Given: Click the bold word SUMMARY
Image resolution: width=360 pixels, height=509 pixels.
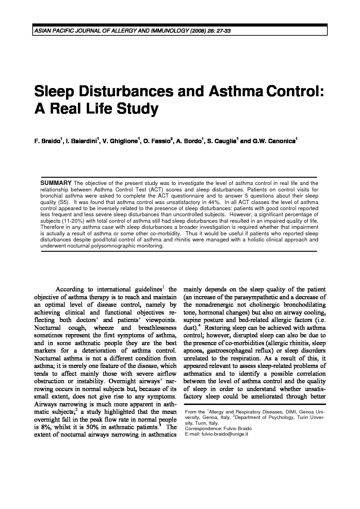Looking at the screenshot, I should [x=56, y=183].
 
